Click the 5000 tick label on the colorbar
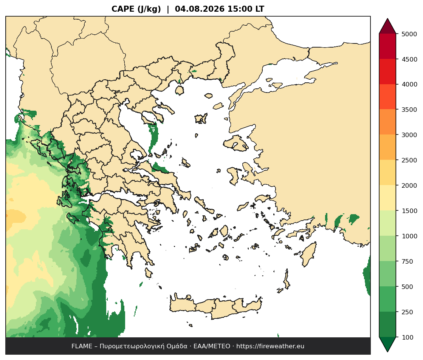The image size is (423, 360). pyautogui.click(x=409, y=34)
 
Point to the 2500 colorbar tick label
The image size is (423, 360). pyautogui.click(x=409, y=160)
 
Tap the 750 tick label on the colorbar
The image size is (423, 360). pyautogui.click(x=408, y=261)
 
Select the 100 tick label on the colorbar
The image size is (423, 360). pyautogui.click(x=408, y=337)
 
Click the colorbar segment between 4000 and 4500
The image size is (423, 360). pyautogui.click(x=387, y=72)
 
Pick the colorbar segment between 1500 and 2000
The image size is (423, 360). pyautogui.click(x=387, y=198)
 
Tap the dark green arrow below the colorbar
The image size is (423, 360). pyautogui.click(x=387, y=344)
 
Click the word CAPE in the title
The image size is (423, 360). pyautogui.click(x=123, y=9)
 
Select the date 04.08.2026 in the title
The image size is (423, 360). pyautogui.click(x=200, y=9)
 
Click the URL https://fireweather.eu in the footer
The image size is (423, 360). pyautogui.click(x=270, y=346)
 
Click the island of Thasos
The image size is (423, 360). pyautogui.click(x=180, y=90)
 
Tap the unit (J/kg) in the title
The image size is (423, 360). pyautogui.click(x=149, y=9)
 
